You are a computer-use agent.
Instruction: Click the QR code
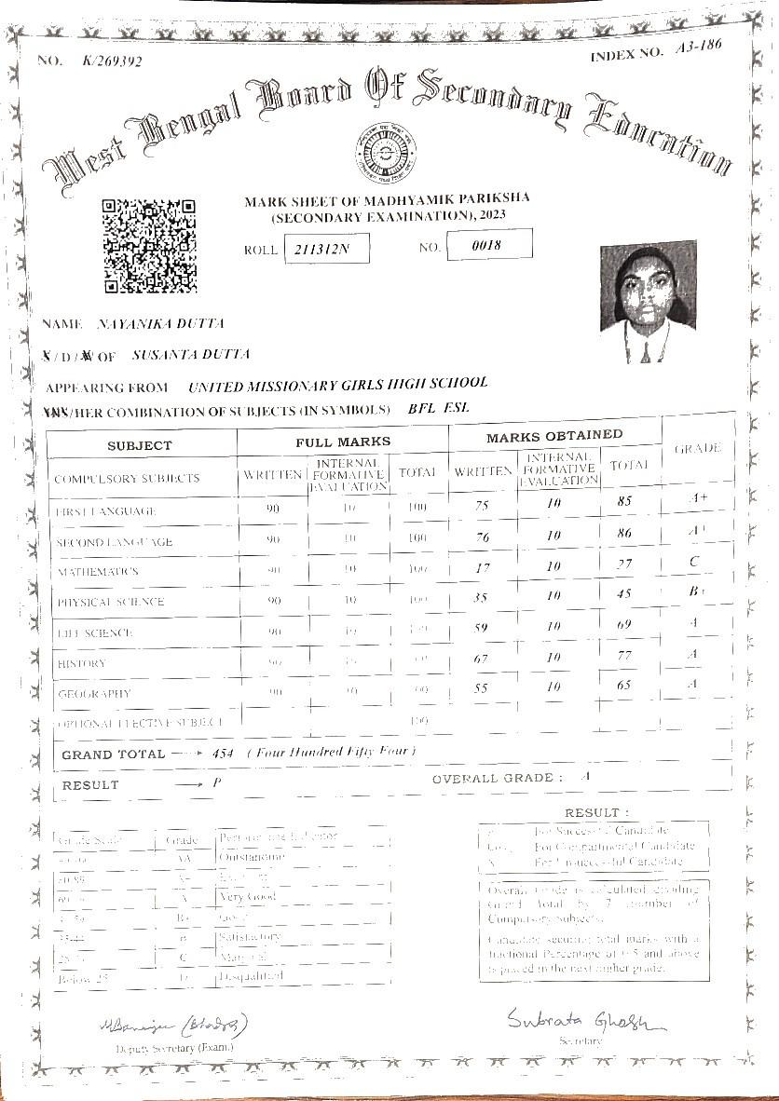[148, 245]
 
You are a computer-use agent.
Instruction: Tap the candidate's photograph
[648, 302]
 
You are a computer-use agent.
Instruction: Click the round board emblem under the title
[385, 152]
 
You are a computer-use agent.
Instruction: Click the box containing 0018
[489, 244]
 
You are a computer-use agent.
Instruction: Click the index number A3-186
[697, 50]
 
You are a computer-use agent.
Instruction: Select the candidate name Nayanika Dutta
[160, 323]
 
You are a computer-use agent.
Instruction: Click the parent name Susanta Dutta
[191, 355]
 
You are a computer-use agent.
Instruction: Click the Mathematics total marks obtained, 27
[624, 564]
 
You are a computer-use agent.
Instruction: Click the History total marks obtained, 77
[624, 656]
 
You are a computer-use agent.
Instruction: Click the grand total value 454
[224, 753]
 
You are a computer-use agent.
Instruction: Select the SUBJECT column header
[140, 445]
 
